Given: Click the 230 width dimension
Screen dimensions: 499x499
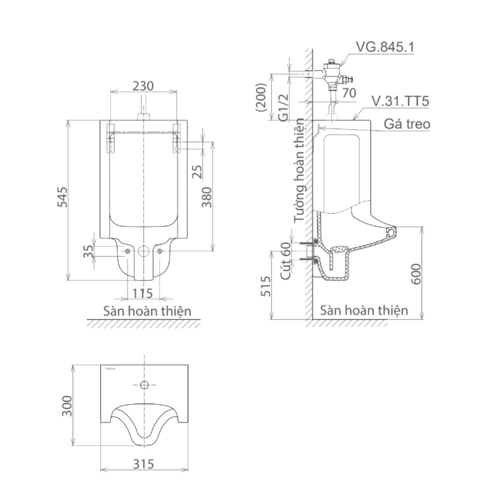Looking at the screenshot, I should [143, 85].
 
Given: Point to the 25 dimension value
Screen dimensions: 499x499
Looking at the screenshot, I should [198, 171].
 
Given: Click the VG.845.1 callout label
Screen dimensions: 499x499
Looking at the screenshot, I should [385, 47].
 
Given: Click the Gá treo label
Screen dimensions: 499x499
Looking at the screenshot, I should [407, 124].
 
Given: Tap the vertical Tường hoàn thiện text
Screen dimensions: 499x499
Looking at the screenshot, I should [299, 170].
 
